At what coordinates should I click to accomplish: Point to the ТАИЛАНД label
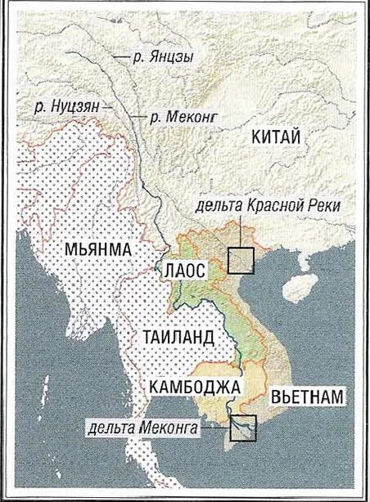click(x=178, y=337)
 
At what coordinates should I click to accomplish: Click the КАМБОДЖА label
click(x=194, y=385)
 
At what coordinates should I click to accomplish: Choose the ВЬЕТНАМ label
click(x=307, y=396)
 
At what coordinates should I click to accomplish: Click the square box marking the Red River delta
click(x=242, y=261)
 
